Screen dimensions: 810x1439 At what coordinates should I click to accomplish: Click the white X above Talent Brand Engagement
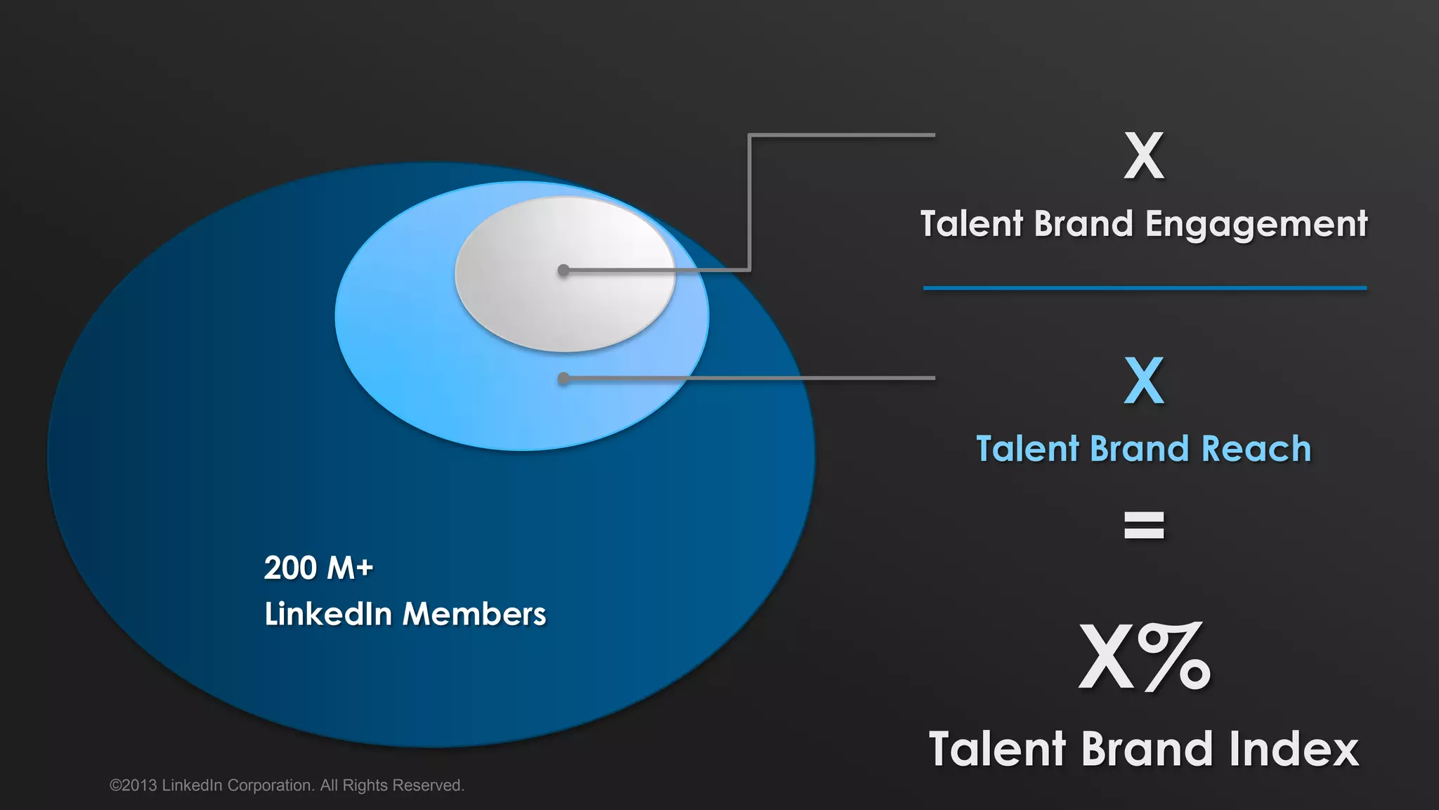click(1144, 156)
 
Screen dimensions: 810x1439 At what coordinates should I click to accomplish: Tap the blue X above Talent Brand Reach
click(1144, 381)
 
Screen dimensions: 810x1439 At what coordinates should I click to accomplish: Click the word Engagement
click(1256, 225)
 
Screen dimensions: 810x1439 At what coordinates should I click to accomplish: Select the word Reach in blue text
click(1256, 449)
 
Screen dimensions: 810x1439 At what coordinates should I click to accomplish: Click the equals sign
click(1144, 525)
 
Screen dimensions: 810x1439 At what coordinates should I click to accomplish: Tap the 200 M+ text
click(318, 568)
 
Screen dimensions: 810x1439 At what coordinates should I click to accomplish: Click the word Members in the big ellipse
click(474, 614)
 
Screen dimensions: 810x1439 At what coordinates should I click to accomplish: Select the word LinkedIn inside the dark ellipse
click(328, 614)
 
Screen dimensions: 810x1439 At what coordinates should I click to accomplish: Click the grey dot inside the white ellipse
click(564, 270)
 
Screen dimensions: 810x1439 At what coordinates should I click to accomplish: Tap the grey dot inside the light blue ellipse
click(564, 379)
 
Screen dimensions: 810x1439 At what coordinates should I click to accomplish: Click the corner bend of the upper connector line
click(750, 136)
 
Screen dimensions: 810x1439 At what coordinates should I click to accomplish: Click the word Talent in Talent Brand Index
click(997, 749)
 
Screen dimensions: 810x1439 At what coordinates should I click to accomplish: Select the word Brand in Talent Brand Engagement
click(1083, 225)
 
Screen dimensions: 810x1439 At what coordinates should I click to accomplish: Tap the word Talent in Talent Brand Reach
click(1027, 449)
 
